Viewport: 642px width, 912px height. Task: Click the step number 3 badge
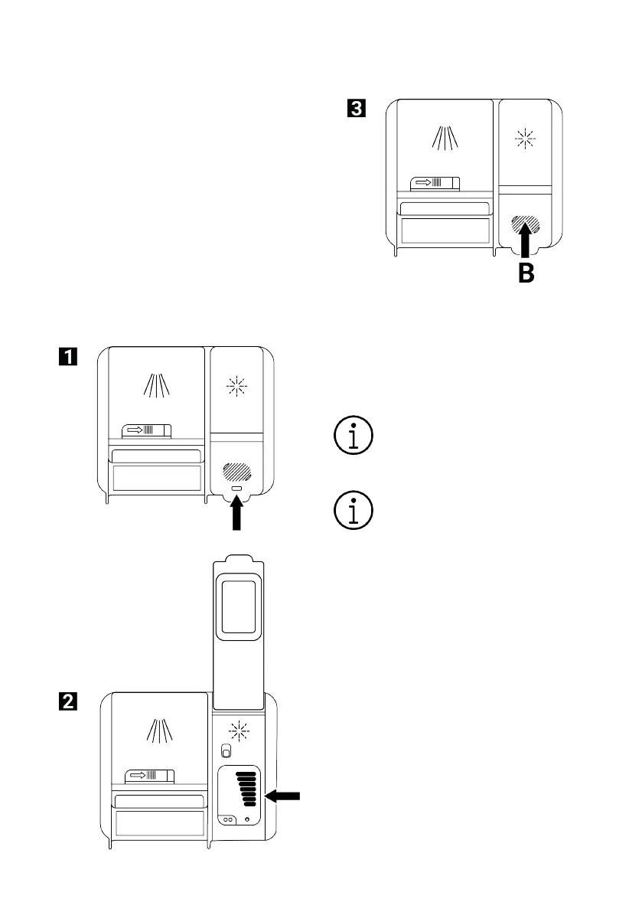click(355, 109)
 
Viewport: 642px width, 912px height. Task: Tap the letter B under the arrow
click(526, 273)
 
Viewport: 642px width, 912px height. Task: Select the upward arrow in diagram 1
click(236, 512)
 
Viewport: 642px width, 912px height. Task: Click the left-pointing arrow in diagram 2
click(282, 796)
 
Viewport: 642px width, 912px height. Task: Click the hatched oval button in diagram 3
click(526, 224)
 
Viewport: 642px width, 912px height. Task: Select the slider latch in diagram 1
click(148, 430)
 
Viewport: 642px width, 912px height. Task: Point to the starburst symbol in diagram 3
click(526, 140)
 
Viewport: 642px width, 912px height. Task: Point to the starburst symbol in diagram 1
click(237, 387)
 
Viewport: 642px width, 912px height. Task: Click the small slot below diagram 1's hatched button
click(236, 489)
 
